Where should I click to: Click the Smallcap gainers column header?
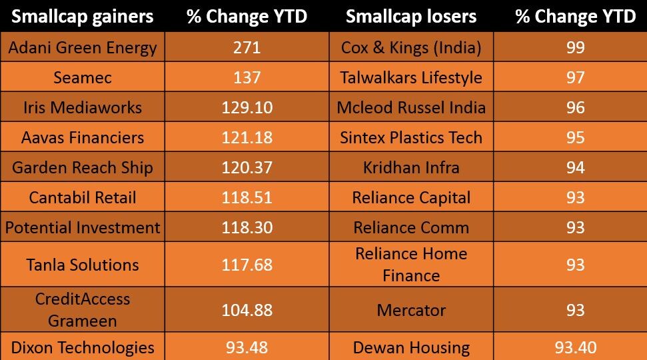[82, 17]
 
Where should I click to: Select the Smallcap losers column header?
[411, 17]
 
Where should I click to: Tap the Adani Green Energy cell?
[82, 47]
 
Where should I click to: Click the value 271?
[247, 47]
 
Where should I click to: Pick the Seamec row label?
[82, 77]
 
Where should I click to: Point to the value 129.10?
[247, 107]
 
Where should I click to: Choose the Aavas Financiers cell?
[82, 137]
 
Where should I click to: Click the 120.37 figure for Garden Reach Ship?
[247, 167]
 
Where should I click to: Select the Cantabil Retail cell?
[82, 197]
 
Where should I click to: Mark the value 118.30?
[247, 227]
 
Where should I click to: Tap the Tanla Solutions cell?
[82, 265]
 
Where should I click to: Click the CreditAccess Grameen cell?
[82, 309]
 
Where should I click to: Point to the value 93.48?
[247, 347]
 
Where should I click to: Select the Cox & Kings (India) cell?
[411, 47]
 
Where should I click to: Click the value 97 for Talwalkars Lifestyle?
[576, 77]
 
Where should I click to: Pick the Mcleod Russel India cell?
[411, 107]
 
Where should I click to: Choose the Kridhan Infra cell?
[411, 167]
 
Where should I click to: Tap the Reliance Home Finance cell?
[411, 265]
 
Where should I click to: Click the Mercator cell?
[411, 309]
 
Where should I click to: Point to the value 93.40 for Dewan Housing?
[576, 347]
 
